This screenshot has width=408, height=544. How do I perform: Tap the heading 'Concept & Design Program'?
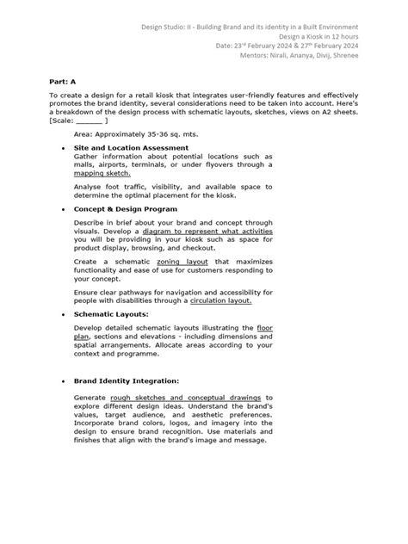(126, 209)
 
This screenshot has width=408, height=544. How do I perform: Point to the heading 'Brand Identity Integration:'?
(127, 380)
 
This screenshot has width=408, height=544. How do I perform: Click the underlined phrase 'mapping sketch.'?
(102, 173)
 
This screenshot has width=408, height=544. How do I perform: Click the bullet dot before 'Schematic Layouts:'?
(64, 316)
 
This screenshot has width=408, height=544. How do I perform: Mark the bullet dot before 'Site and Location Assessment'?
(64, 148)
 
